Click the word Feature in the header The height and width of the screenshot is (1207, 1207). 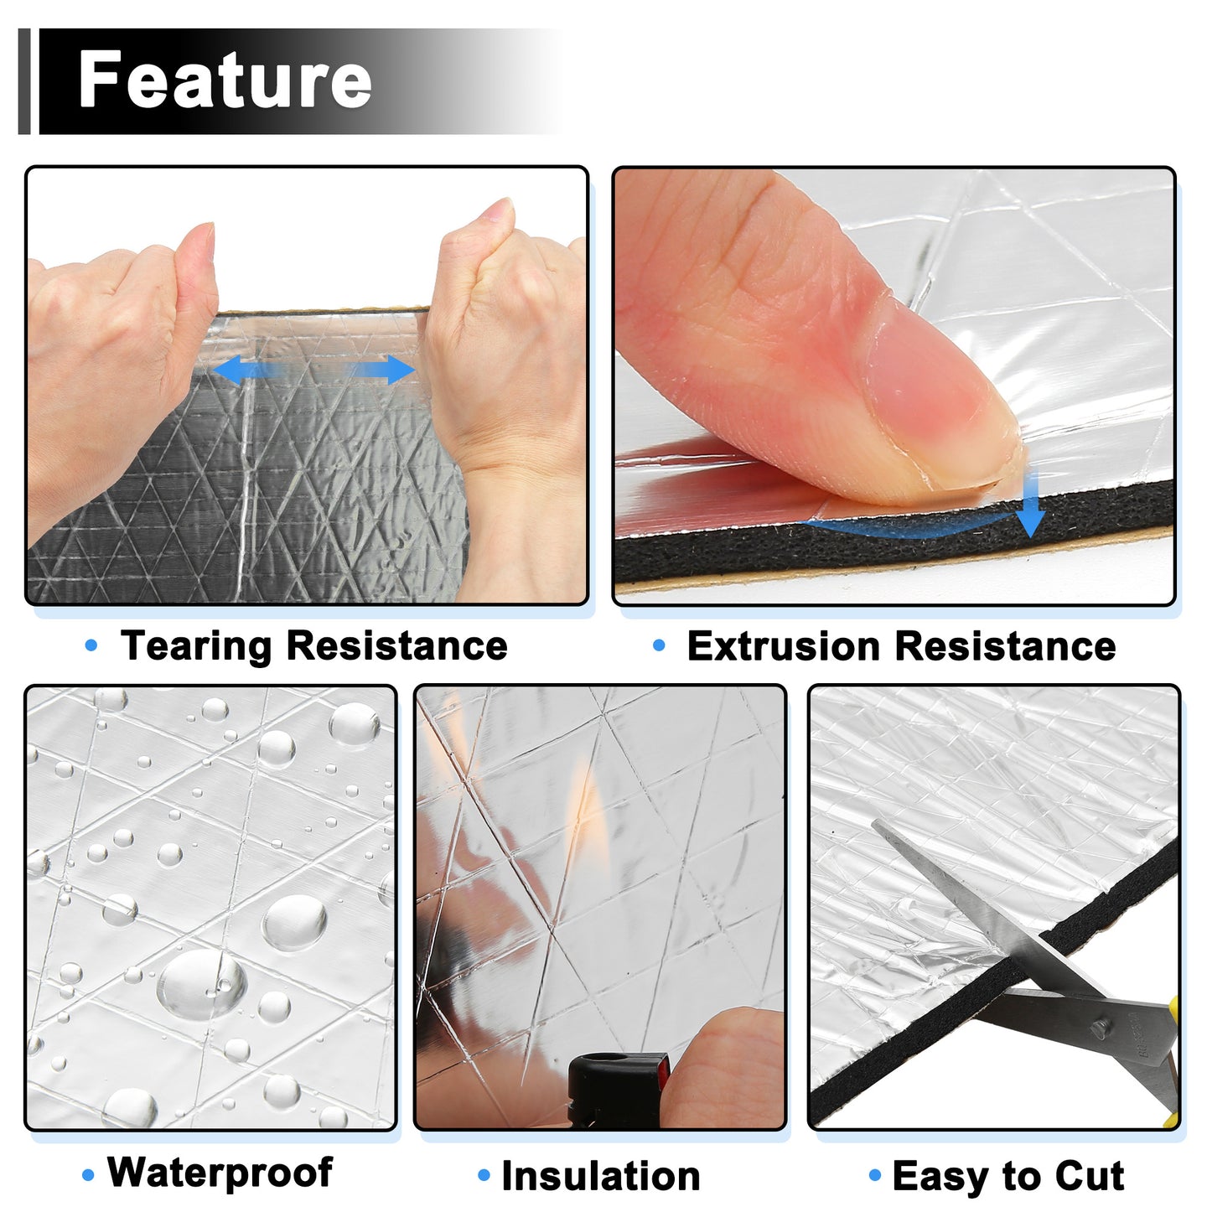pos(225,80)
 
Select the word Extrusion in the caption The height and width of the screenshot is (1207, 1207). pos(783,645)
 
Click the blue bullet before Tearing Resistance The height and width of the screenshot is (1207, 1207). pos(91,645)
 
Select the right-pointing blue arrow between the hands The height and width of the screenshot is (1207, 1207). pos(383,370)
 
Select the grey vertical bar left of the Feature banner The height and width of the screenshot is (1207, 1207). pos(24,81)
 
